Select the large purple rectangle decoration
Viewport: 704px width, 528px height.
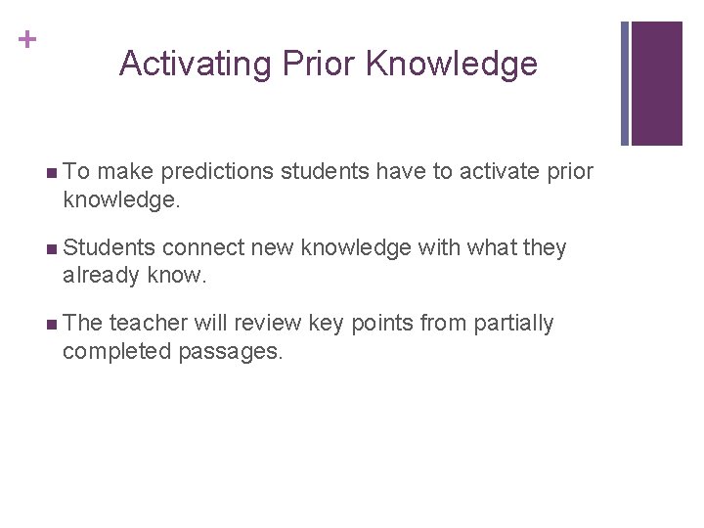[x=656, y=83]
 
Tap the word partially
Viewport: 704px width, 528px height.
[x=513, y=324]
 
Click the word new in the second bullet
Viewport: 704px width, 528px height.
[x=271, y=248]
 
